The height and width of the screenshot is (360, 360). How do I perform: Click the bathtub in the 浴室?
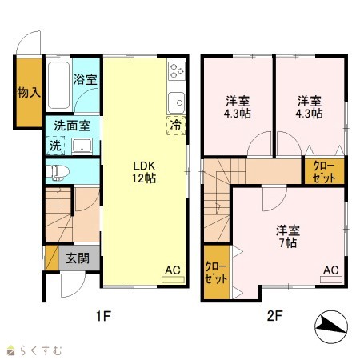[58, 85]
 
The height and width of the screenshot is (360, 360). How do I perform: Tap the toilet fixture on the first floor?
[58, 172]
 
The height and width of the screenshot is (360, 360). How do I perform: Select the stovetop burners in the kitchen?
[177, 70]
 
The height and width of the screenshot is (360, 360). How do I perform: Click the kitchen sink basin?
[176, 102]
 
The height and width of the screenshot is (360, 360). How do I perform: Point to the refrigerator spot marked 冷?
[176, 126]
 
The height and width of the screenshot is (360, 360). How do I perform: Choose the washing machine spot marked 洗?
[55, 146]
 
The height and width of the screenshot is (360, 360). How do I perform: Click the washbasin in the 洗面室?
[82, 146]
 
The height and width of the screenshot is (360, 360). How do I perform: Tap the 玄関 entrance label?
[78, 258]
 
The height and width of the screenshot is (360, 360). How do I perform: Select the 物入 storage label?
[29, 93]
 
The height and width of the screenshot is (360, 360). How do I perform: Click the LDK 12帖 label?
[144, 172]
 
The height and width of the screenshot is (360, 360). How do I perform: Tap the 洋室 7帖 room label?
[288, 236]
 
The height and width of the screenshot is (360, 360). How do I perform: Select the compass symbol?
[331, 327]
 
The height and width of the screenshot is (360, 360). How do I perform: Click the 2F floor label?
[274, 316]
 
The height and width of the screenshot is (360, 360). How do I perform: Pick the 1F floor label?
[103, 316]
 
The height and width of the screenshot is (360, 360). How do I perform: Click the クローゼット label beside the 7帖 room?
[216, 272]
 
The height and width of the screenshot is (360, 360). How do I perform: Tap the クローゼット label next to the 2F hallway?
[324, 172]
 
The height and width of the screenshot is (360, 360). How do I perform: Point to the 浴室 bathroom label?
[85, 79]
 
